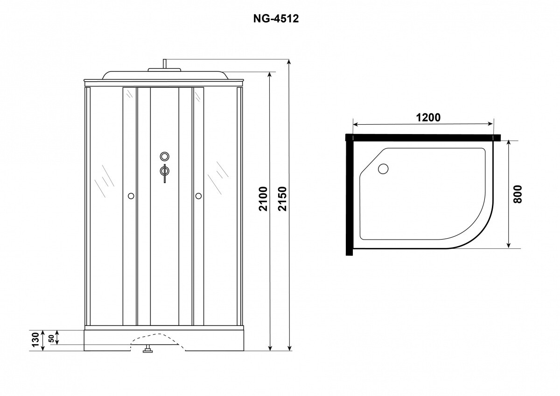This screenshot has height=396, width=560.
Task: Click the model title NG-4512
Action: coord(276,19)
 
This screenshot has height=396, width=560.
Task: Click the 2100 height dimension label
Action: coord(263,199)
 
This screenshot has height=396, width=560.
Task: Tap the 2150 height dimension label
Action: coord(282,199)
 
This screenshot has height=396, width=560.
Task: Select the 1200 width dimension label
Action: coord(428,118)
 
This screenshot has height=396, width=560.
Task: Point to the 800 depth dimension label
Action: coord(517,194)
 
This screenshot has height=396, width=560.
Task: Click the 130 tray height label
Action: coord(36,339)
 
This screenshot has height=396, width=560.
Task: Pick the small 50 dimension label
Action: coord(51,339)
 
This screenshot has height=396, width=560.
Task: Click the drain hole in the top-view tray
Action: coord(383,169)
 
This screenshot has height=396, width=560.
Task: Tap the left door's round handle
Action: coord(131,196)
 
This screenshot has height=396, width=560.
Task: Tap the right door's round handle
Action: coord(198,196)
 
